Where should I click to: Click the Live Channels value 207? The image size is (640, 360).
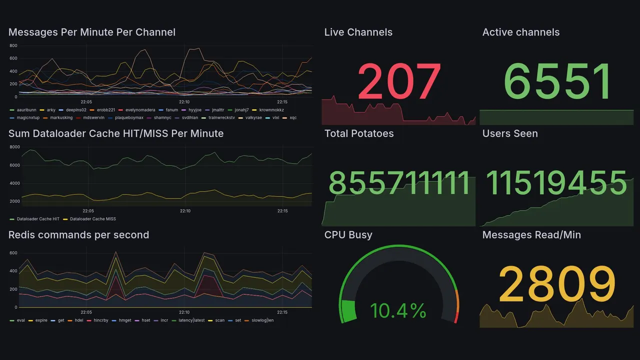coord(399,81)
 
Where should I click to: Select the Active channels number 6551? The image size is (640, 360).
coord(557,81)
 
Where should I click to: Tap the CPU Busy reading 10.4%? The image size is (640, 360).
coord(398,311)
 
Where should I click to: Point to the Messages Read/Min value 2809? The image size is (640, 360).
coord(557,284)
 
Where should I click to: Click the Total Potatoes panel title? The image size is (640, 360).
coord(358,133)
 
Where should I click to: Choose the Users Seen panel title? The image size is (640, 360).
coord(509,133)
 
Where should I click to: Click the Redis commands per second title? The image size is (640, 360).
coord(78,235)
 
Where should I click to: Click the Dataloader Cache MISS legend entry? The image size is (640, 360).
coord(92,219)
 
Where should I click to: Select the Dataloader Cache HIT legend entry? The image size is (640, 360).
coord(37,219)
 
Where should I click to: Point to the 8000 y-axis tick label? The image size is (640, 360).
coord(14,147)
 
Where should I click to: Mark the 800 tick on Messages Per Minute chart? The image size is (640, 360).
coord(13,46)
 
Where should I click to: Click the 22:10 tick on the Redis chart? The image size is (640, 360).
coord(185,312)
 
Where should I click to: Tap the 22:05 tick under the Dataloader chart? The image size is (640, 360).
coord(88,211)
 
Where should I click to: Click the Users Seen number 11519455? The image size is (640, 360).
coord(556,183)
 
